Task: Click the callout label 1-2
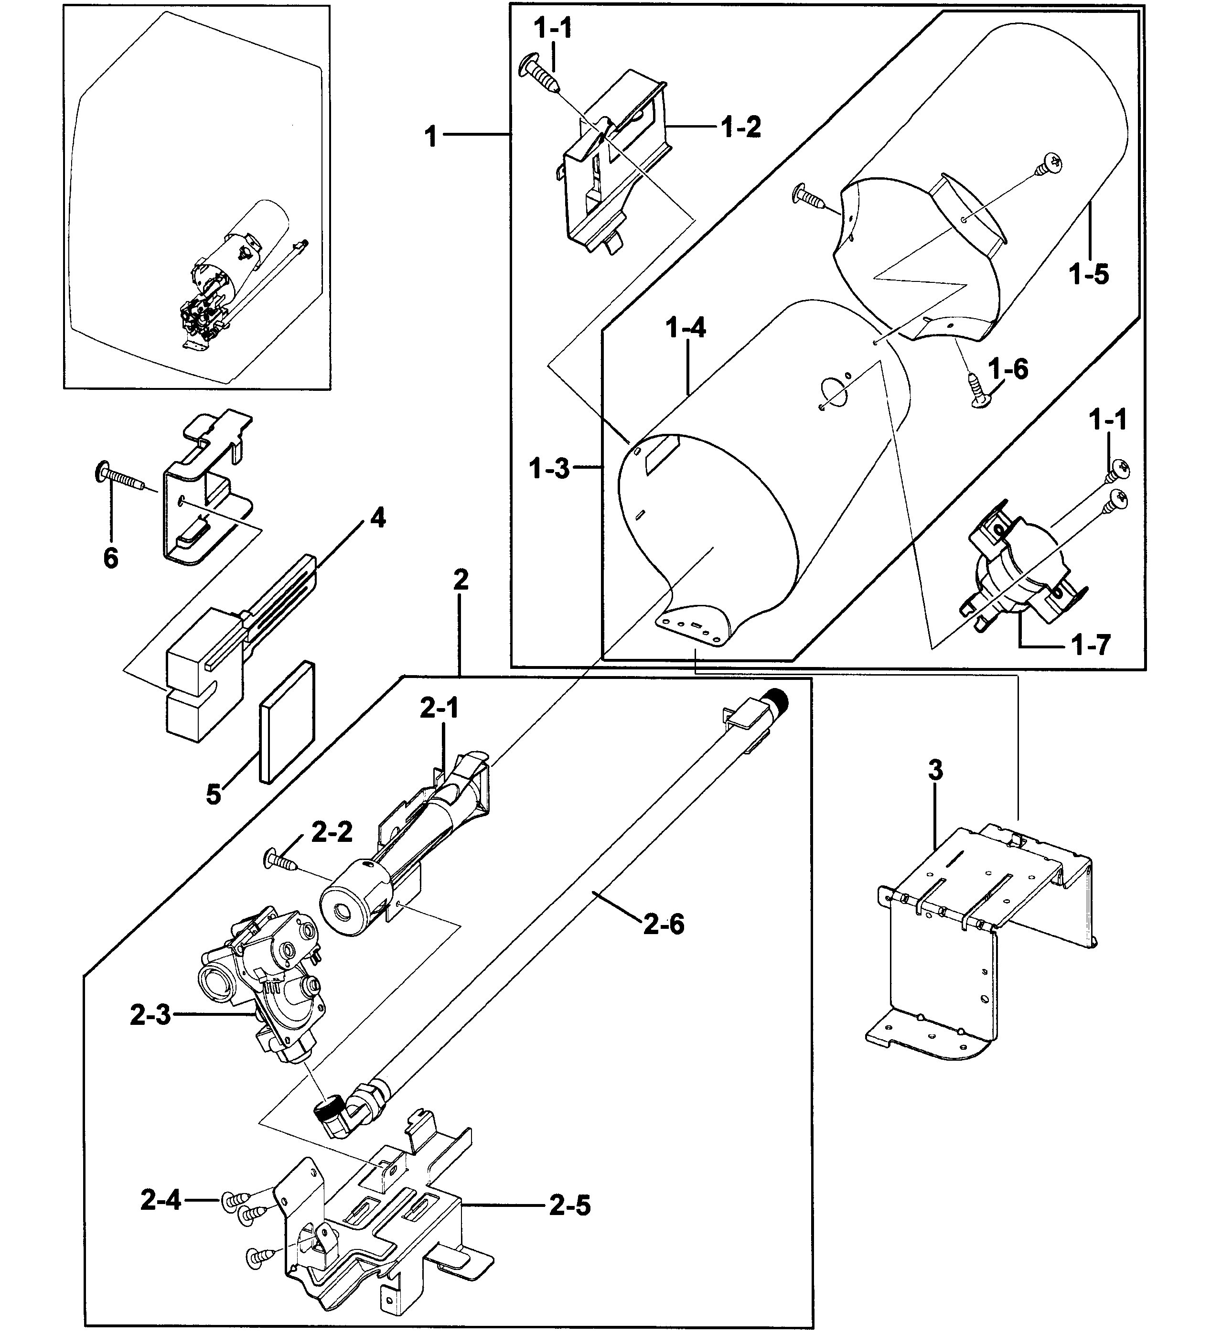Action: (x=741, y=127)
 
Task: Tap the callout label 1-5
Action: (x=1089, y=273)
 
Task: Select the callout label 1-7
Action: (x=1091, y=644)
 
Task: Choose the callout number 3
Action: (x=935, y=770)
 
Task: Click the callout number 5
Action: (x=213, y=794)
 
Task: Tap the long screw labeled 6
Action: (x=126, y=476)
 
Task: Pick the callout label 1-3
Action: (x=549, y=469)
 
